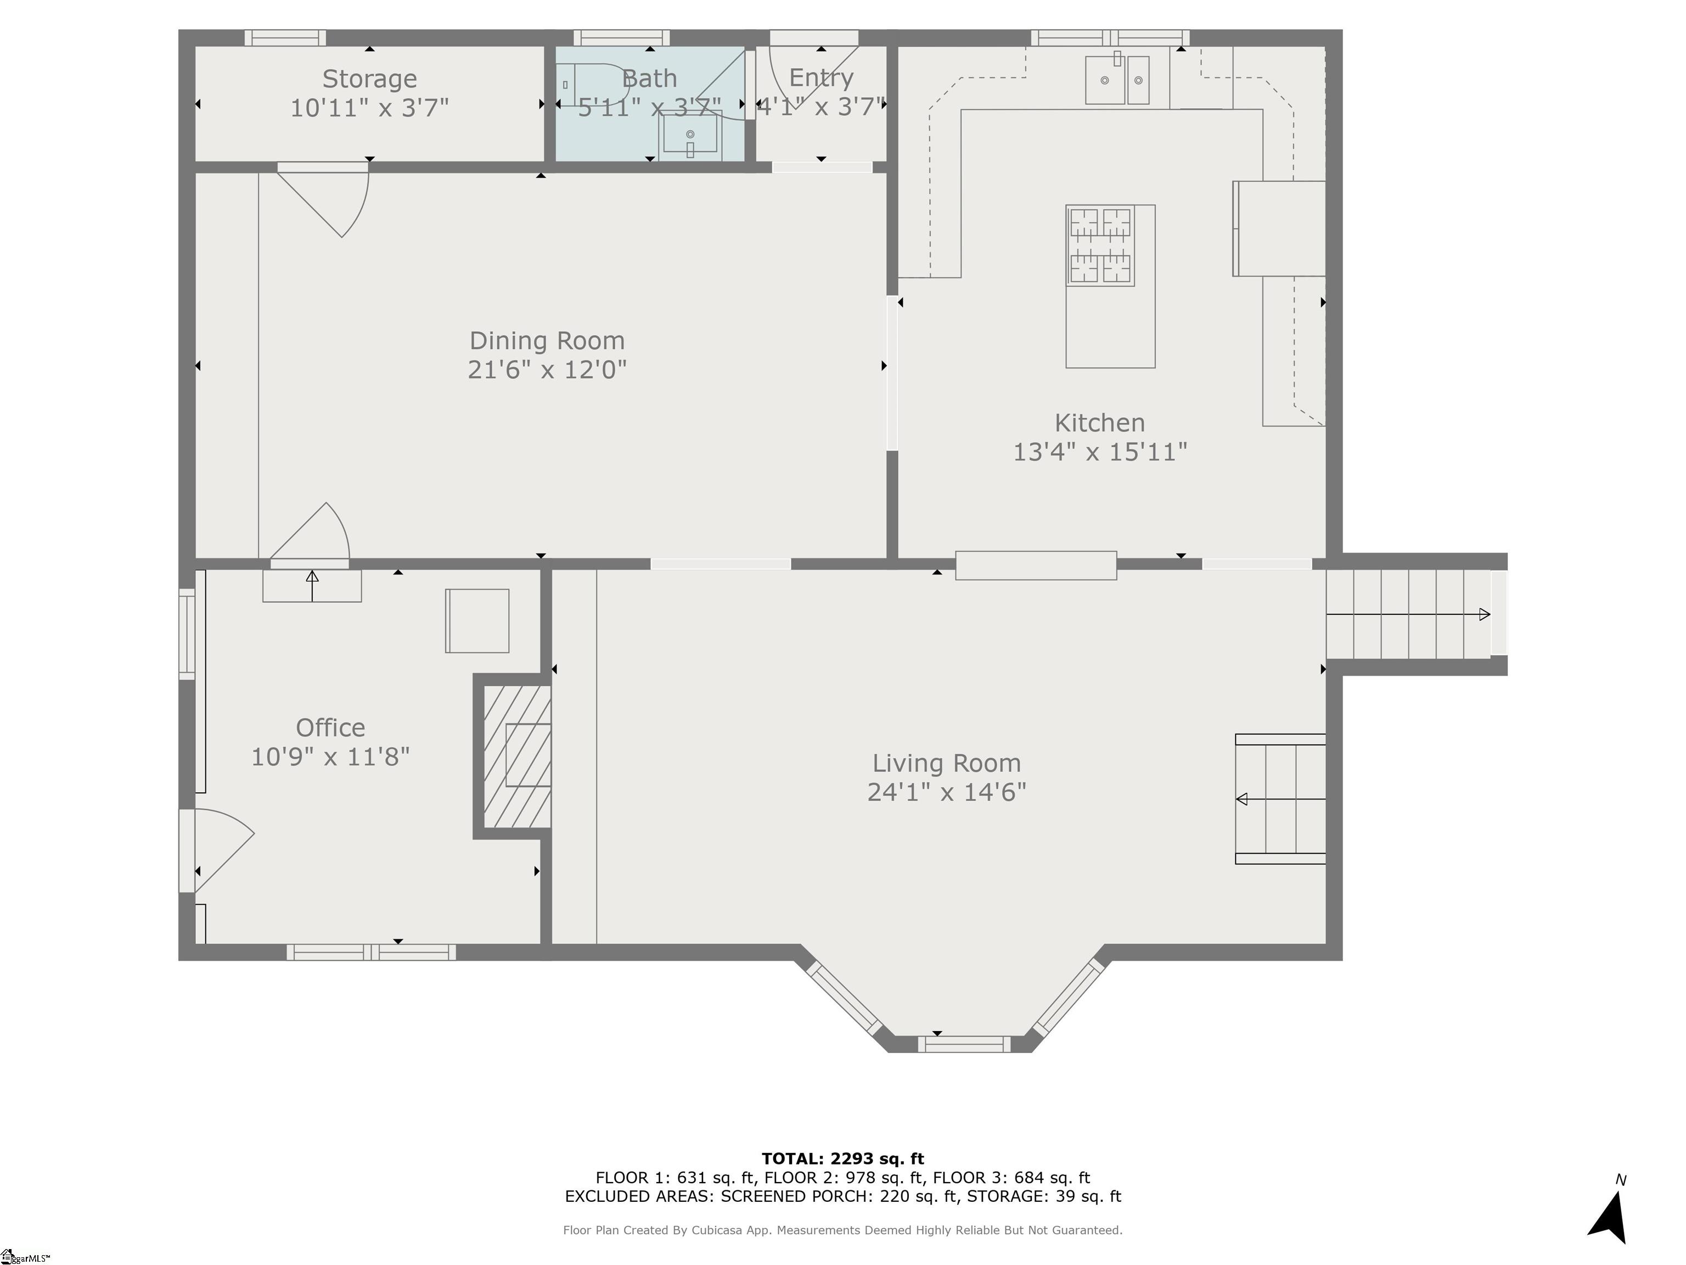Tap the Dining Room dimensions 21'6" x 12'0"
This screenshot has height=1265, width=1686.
[547, 370]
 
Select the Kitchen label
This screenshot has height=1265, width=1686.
[1099, 422]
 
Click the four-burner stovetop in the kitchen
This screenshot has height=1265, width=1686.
[1100, 245]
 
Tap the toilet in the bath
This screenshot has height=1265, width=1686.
[587, 84]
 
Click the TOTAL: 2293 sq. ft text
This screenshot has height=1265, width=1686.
[842, 1159]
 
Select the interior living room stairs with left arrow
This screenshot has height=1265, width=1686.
[1280, 799]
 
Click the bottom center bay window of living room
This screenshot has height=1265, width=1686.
[964, 1044]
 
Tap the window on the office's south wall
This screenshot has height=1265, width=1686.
[371, 951]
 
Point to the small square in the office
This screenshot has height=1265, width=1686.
[477, 620]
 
